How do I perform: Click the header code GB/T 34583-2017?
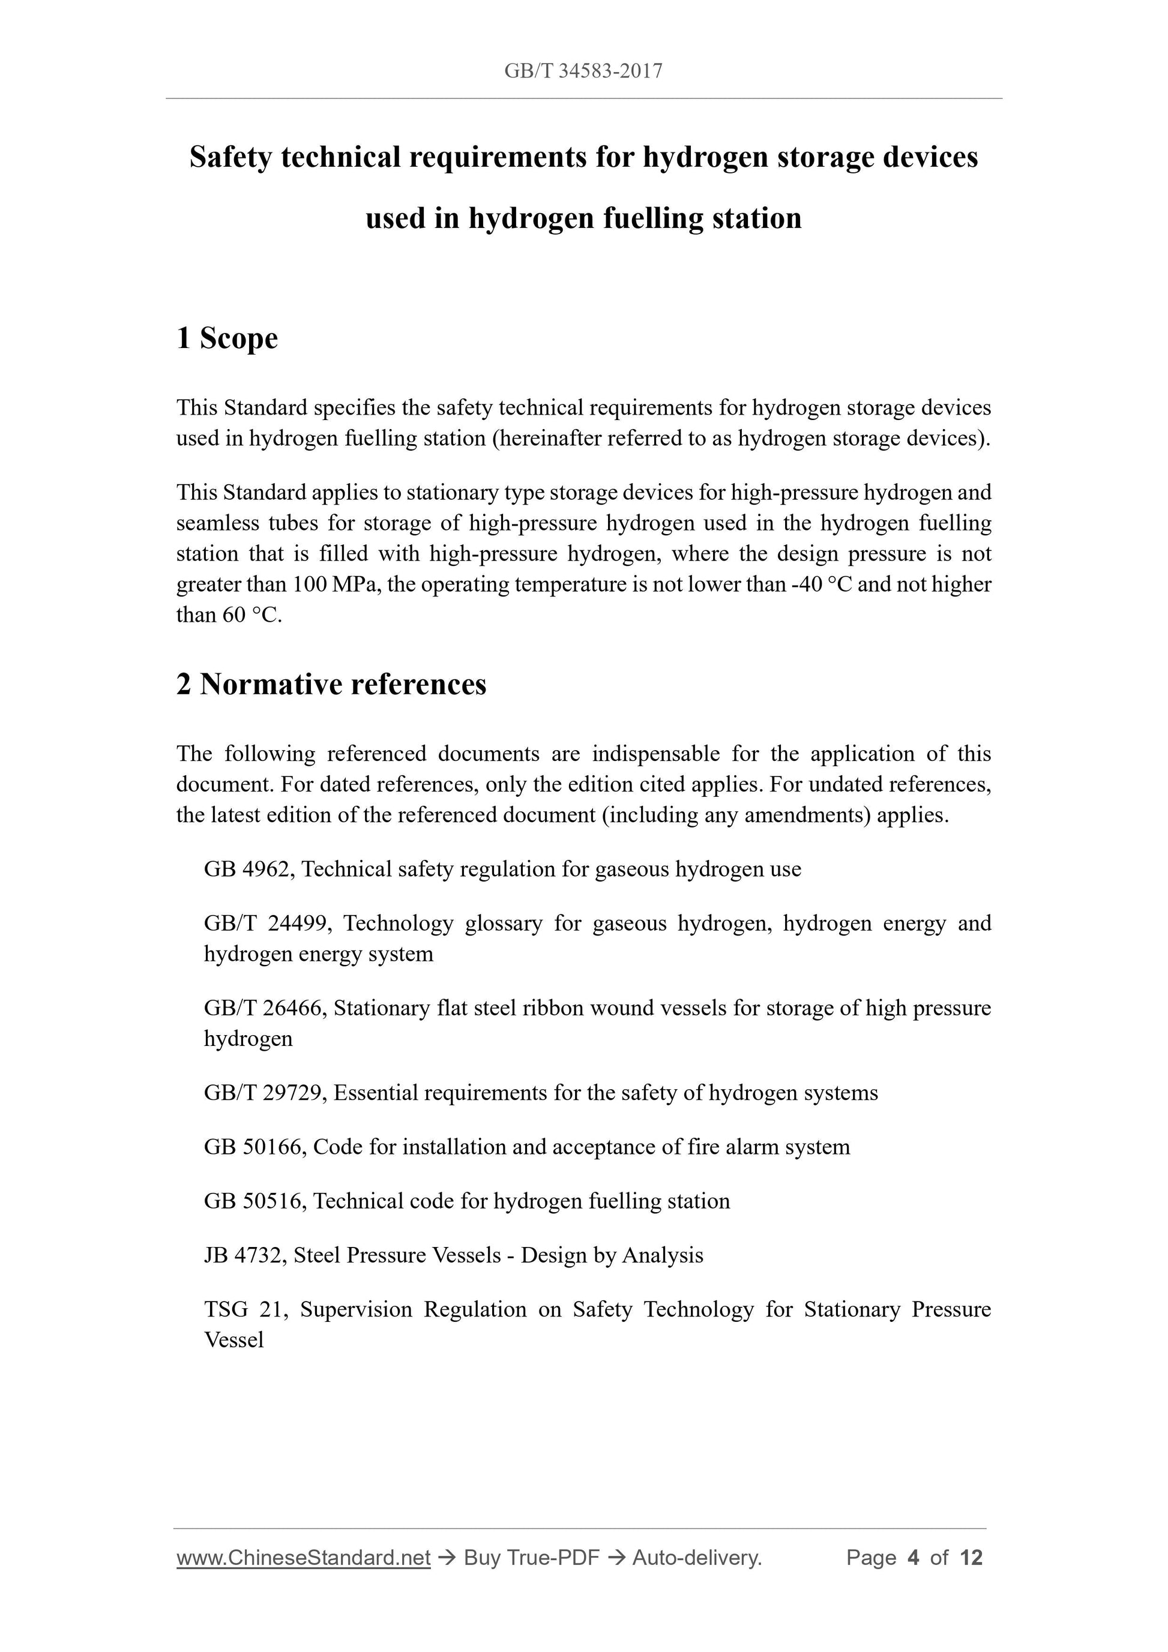(583, 71)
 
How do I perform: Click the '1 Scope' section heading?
(227, 338)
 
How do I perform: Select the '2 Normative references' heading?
(331, 684)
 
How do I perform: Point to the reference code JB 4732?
(246, 1255)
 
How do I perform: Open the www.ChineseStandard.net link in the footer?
(303, 1558)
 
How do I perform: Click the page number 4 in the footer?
(914, 1558)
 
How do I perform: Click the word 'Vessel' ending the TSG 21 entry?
(234, 1340)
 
